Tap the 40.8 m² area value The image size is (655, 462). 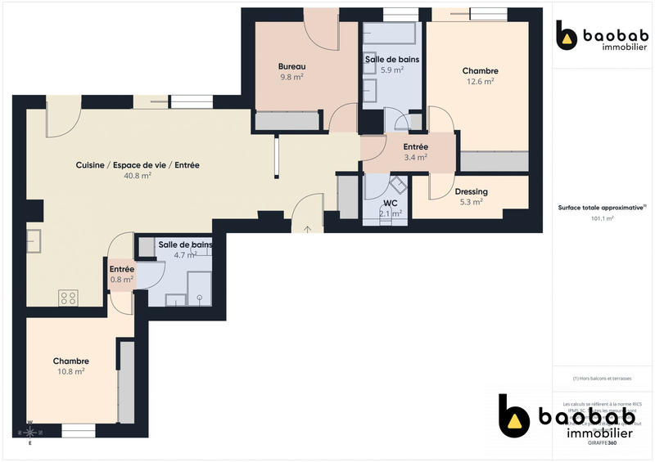click(x=138, y=175)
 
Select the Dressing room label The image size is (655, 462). click(x=471, y=192)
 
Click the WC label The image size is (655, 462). click(x=391, y=203)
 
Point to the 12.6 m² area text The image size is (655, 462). click(x=480, y=81)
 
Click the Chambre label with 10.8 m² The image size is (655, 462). click(x=70, y=361)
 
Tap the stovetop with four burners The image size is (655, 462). click(x=68, y=298)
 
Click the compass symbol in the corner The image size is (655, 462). click(x=30, y=431)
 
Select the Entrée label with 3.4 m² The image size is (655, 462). click(x=415, y=147)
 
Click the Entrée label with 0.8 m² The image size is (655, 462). click(x=122, y=269)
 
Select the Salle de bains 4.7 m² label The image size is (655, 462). click(x=185, y=244)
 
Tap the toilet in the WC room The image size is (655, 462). click(x=396, y=185)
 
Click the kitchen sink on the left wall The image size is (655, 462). click(x=34, y=242)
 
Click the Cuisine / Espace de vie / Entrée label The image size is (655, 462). click(x=138, y=164)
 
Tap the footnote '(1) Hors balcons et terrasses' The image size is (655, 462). click(x=602, y=378)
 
